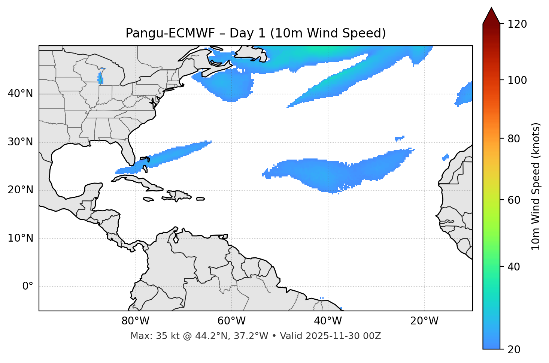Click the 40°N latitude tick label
pyautogui.click(x=20, y=94)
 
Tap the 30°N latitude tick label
pyautogui.click(x=20, y=142)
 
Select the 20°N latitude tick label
pyautogui.click(x=20, y=190)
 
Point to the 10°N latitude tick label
pyautogui.click(x=20, y=238)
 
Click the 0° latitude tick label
pyautogui.click(x=28, y=287)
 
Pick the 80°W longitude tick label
pyautogui.click(x=135, y=321)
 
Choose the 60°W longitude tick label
pyautogui.click(x=231, y=321)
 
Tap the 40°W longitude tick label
pyautogui.click(x=328, y=321)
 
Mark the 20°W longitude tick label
pyautogui.click(x=424, y=321)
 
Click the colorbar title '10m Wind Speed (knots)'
pyautogui.click(x=536, y=187)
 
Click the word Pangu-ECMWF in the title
pyautogui.click(x=170, y=33)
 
